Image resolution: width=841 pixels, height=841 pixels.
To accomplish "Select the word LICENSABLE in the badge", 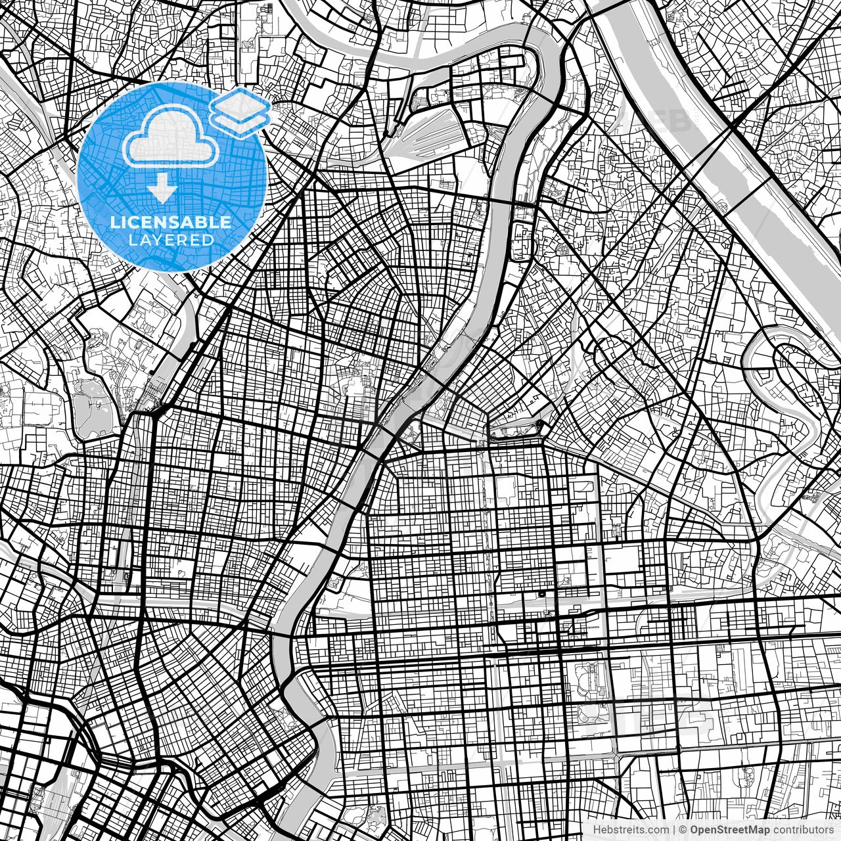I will pyautogui.click(x=171, y=222).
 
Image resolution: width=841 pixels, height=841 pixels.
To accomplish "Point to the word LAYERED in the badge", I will pyautogui.click(x=171, y=240).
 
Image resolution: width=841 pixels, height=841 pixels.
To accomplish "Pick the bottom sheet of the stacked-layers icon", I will pyautogui.click(x=240, y=121).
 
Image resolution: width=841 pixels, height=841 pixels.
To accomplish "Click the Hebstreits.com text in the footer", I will pyautogui.click(x=631, y=830).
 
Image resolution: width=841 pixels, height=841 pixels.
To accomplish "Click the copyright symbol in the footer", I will pyautogui.click(x=683, y=830).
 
